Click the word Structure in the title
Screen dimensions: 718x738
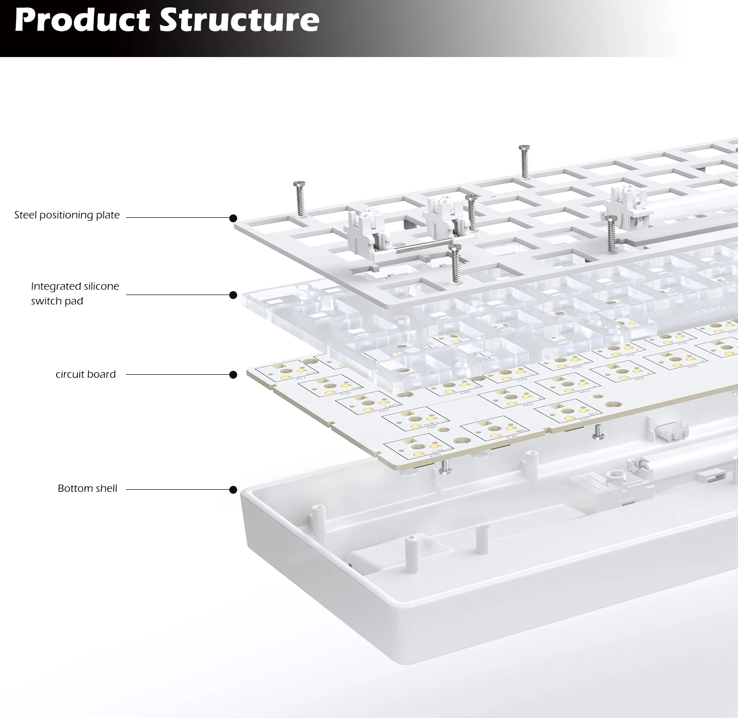[240, 20]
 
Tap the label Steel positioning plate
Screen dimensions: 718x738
[67, 215]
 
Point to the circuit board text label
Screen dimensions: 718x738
[86, 374]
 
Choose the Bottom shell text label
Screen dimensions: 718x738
[88, 488]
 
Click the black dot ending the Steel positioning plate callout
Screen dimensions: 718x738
[233, 218]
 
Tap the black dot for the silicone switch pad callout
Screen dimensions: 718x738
[233, 295]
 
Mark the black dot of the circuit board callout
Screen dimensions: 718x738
[233, 375]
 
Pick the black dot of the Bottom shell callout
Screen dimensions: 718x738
[233, 490]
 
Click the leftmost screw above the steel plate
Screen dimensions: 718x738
[299, 198]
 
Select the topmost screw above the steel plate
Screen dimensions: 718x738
[524, 161]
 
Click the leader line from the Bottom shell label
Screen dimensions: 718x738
[177, 489]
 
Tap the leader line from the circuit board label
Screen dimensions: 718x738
[177, 374]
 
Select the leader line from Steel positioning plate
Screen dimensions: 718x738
[177, 217]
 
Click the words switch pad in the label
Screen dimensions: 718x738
[57, 301]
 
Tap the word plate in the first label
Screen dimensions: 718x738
[108, 215]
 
